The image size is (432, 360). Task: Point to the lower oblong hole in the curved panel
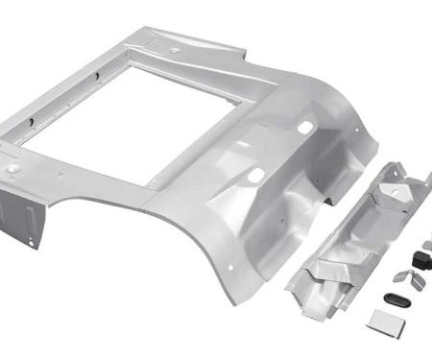pos(257,174)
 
